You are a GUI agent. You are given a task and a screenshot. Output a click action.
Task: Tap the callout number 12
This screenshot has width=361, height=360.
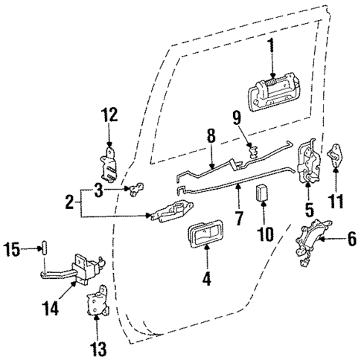click(x=110, y=115)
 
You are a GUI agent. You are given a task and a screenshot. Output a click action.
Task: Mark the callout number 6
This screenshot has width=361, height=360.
click(x=352, y=240)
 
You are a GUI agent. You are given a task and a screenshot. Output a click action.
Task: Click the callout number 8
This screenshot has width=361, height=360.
click(x=211, y=135)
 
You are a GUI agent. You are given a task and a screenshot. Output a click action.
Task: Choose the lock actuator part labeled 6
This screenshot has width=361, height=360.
click(x=313, y=244)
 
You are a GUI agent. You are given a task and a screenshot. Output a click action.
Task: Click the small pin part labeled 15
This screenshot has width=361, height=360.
click(x=44, y=247)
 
